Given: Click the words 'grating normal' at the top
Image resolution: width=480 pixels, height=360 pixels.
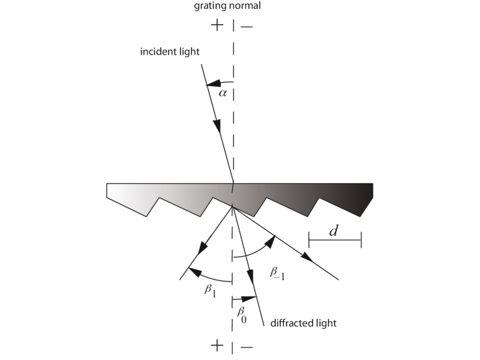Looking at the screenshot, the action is (227, 6).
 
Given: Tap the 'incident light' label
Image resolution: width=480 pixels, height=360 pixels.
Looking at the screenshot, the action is (170, 52).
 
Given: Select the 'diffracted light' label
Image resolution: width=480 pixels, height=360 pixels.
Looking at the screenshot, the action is (304, 323).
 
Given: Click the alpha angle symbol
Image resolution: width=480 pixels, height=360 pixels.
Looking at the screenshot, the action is (223, 93).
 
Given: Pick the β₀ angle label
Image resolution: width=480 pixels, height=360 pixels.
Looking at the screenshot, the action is (242, 314).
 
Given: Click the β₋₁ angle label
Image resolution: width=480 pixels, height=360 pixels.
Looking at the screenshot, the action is (277, 273).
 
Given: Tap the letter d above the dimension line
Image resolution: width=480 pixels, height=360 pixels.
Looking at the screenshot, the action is (334, 231).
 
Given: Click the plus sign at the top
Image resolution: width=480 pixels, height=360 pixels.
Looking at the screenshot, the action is (217, 25).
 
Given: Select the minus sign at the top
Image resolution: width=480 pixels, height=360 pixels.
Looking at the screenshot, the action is (247, 27).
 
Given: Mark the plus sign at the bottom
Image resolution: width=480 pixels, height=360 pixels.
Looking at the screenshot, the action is (217, 346).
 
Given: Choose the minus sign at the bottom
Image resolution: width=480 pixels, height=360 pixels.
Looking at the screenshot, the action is (247, 347).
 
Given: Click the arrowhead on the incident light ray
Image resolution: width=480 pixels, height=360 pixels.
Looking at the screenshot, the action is (217, 126).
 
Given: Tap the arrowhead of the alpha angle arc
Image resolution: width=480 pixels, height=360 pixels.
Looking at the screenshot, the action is (213, 83).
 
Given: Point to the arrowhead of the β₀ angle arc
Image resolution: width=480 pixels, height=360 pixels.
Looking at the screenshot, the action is (250, 298).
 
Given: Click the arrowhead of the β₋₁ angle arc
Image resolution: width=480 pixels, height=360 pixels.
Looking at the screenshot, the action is (270, 242).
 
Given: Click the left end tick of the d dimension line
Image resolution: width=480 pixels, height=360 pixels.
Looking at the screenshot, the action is (309, 239).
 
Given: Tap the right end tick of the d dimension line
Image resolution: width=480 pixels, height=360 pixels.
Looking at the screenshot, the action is (361, 239).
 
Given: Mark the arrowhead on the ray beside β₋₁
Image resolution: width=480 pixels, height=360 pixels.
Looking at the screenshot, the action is (307, 257).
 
